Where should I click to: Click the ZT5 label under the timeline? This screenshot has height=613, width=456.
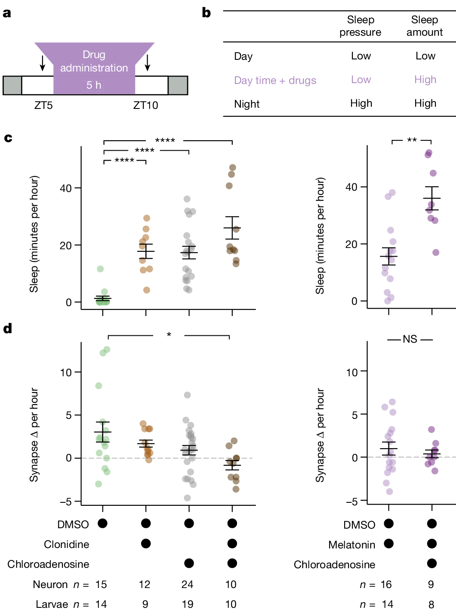click(x=43, y=105)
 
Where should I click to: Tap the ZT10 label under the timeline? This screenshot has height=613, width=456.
click(x=145, y=105)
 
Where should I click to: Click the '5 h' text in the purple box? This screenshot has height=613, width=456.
click(x=94, y=85)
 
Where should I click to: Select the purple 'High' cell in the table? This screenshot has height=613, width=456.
click(x=425, y=80)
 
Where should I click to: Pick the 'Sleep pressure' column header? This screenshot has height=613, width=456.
click(x=360, y=26)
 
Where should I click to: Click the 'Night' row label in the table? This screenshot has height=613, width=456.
click(x=246, y=104)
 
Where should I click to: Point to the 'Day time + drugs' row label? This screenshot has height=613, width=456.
click(x=275, y=80)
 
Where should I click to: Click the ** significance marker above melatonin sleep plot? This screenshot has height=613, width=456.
click(x=412, y=140)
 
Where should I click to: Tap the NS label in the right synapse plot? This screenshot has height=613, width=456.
click(x=410, y=339)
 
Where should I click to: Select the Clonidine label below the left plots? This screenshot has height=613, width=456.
click(x=66, y=545)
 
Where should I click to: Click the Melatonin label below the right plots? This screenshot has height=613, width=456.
click(x=351, y=545)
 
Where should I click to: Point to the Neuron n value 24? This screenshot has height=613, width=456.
click(x=187, y=585)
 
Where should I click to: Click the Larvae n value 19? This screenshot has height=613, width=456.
click(x=187, y=604)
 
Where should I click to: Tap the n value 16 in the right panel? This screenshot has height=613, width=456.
click(x=386, y=585)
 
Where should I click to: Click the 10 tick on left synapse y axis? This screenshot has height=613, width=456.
click(x=65, y=372)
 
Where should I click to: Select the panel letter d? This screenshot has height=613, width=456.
click(x=7, y=329)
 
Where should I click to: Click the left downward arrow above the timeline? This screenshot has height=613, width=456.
click(x=42, y=63)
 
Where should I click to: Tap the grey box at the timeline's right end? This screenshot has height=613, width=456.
click(x=178, y=85)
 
